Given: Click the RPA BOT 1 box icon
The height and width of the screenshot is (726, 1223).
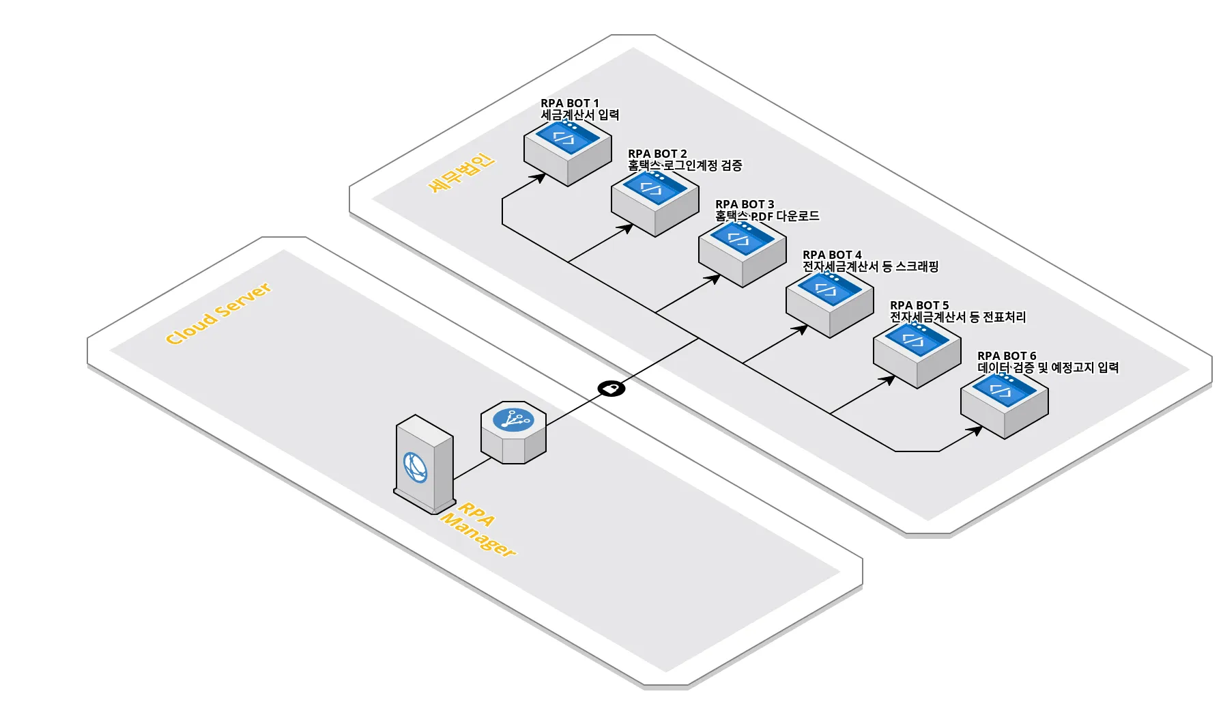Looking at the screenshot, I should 567,152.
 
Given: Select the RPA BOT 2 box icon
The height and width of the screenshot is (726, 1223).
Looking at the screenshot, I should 654,202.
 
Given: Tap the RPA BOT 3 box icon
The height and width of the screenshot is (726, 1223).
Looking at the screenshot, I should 742,253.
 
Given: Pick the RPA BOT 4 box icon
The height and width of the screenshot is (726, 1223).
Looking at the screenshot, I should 829,303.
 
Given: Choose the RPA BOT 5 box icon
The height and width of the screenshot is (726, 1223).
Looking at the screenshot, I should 917,354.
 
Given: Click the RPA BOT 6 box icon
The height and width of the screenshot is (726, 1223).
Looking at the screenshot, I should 1004,404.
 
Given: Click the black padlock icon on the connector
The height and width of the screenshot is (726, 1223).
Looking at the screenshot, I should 611,389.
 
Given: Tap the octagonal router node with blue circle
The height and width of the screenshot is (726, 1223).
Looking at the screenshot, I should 513,432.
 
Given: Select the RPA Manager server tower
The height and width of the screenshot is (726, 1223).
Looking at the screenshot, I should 424,464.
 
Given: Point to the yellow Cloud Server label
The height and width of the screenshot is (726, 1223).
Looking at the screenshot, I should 218,313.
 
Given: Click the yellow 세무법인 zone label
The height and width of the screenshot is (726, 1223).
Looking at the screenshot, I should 461,173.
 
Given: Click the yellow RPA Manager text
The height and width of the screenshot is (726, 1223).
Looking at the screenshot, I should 478,530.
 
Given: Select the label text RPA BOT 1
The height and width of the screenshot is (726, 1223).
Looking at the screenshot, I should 570,103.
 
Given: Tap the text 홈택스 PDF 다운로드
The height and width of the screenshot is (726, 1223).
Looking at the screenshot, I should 767,216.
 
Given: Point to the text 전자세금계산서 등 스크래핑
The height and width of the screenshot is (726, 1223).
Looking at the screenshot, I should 870,266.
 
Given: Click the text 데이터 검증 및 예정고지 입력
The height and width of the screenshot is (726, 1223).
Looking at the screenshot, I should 1048,367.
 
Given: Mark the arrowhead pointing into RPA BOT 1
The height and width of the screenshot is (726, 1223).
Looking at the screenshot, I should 539,178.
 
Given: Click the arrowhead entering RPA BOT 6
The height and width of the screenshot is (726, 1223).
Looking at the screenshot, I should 977,430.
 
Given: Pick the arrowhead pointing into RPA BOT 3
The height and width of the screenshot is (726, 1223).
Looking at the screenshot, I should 714,279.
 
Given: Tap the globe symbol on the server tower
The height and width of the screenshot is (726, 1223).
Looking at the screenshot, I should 415,468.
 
